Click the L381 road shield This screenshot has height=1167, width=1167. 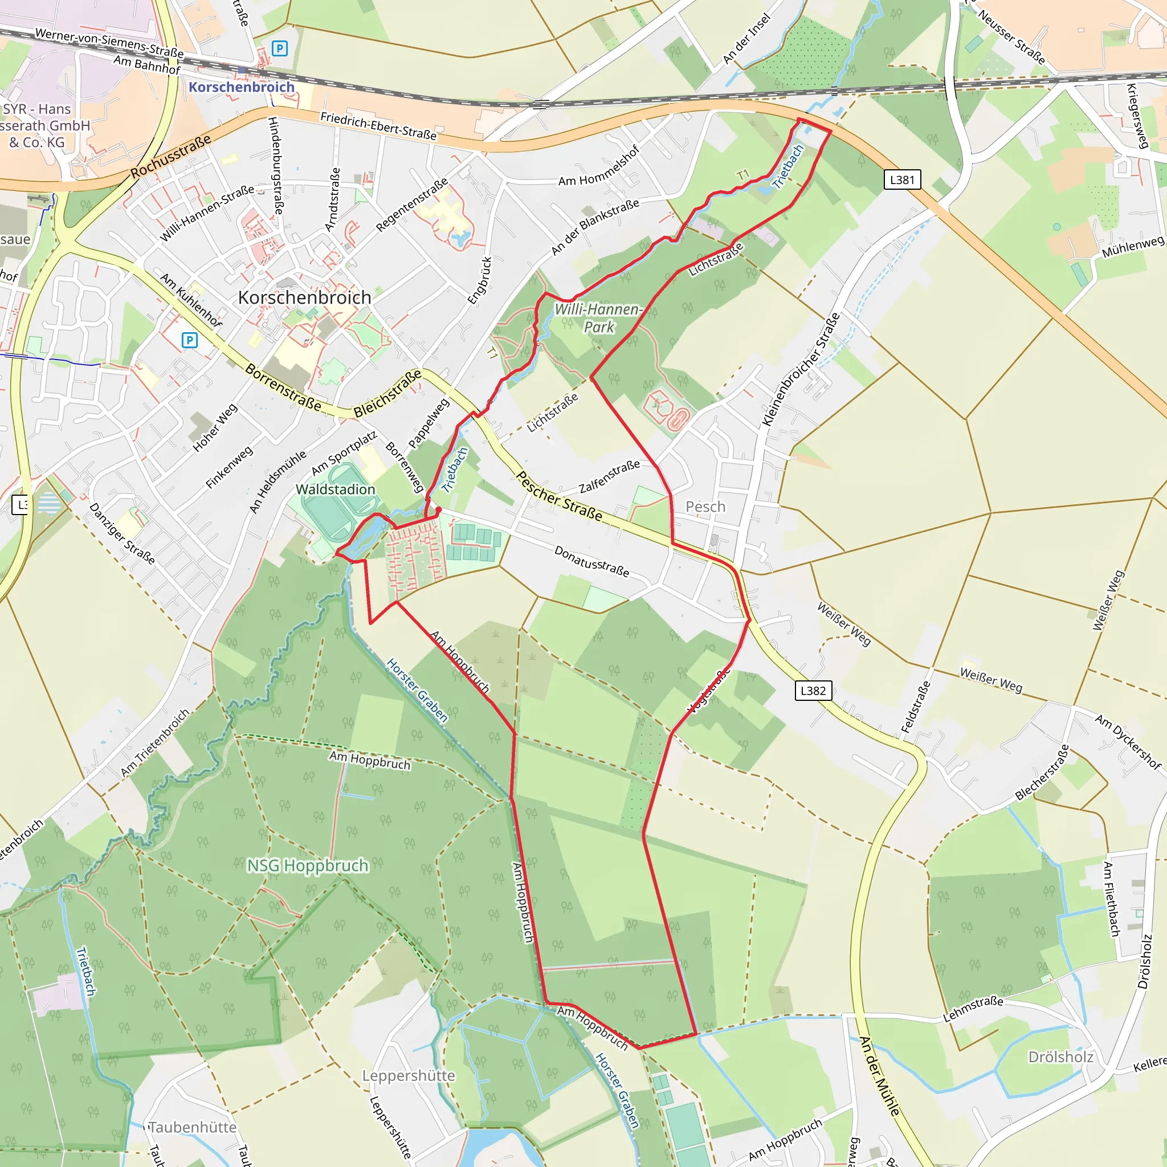[902, 179]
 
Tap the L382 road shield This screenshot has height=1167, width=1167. [813, 691]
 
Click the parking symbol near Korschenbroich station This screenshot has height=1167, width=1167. [279, 48]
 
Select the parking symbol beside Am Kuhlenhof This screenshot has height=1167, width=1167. [190, 340]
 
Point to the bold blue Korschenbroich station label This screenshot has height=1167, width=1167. [241, 87]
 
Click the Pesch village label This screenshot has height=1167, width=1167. [705, 507]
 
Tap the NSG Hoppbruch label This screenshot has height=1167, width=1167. [308, 866]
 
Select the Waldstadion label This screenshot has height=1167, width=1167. [335, 489]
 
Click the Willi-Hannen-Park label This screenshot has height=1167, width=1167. [598, 318]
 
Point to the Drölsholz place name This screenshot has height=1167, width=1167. [1060, 1057]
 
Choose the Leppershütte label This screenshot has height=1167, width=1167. [409, 1076]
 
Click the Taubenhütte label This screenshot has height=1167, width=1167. [193, 1127]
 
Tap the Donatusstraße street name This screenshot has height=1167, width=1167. [591, 561]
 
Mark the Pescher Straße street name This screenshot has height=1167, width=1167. [560, 496]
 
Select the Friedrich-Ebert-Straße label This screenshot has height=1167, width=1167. [378, 125]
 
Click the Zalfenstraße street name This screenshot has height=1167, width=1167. [609, 476]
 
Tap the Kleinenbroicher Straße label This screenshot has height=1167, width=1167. [801, 369]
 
